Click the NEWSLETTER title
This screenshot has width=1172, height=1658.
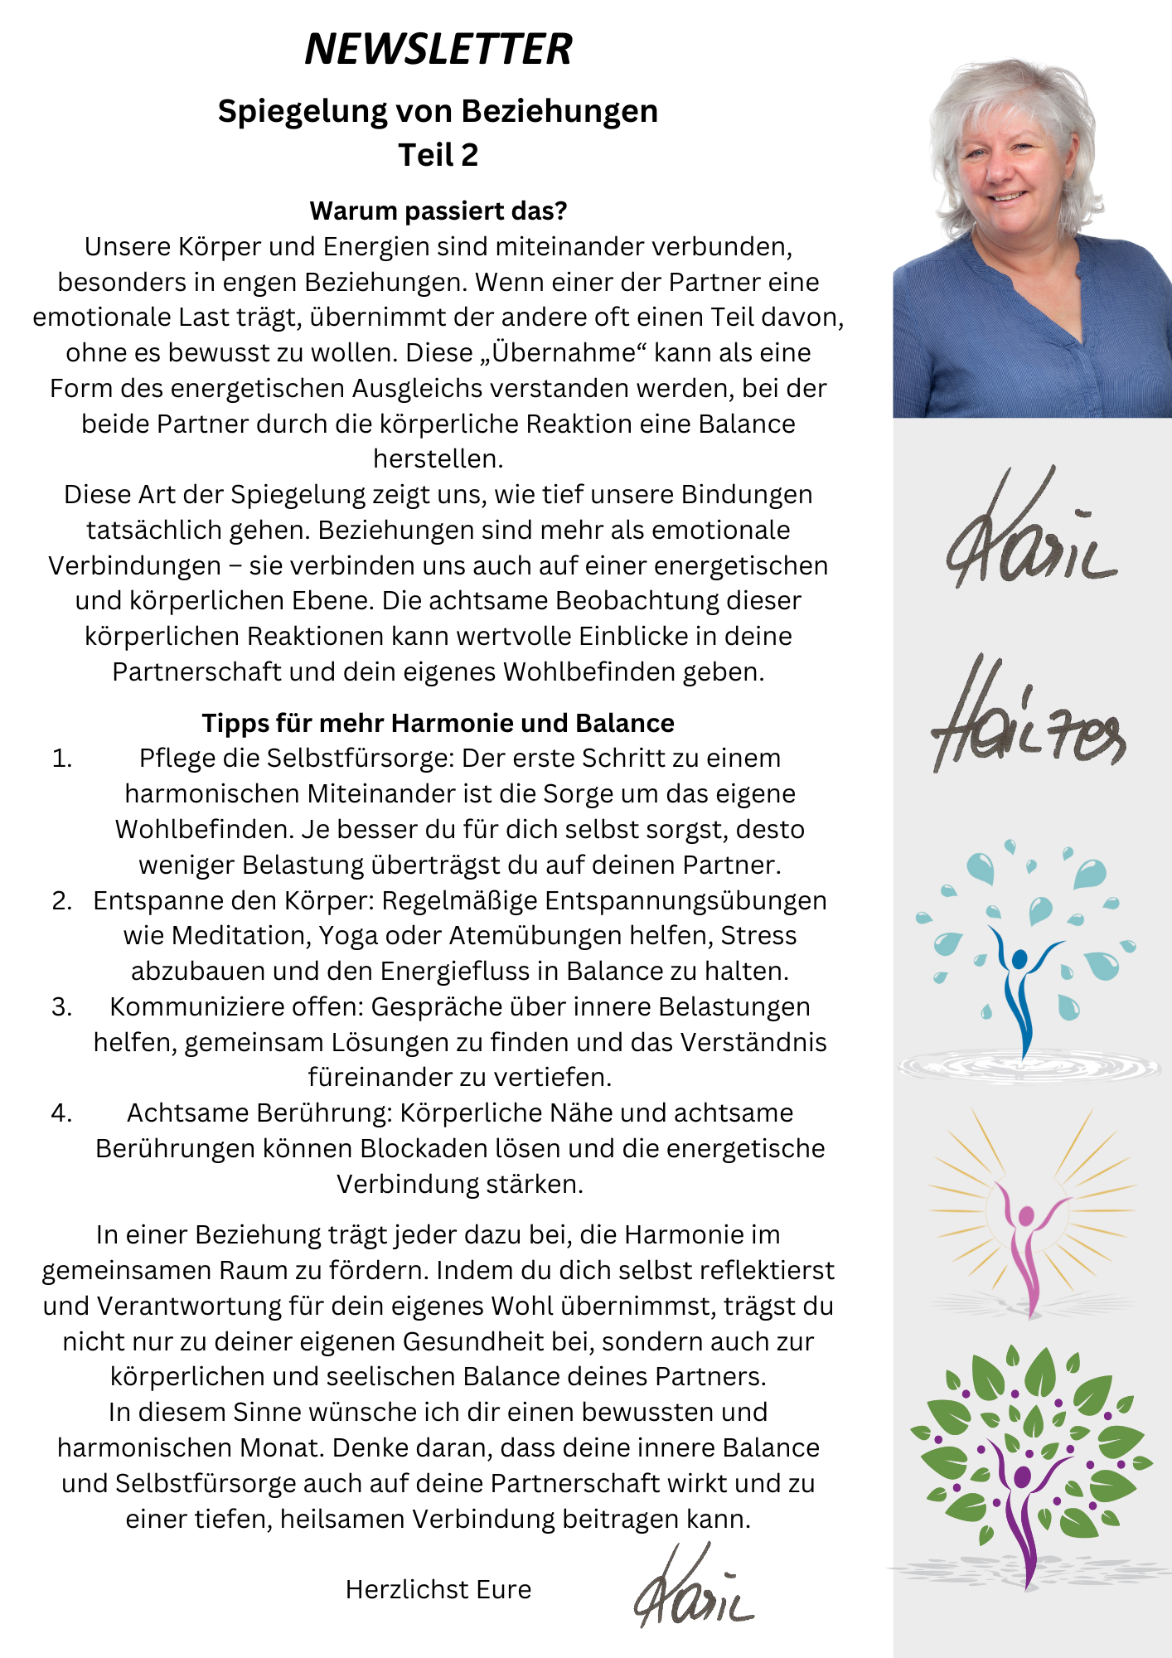pyautogui.click(x=438, y=49)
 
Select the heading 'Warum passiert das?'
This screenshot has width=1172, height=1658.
pyautogui.click(x=438, y=211)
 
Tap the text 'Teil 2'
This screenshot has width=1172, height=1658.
pyautogui.click(x=438, y=155)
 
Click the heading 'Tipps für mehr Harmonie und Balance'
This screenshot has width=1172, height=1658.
pyautogui.click(x=438, y=723)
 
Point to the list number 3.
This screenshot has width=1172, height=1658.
pyautogui.click(x=62, y=1006)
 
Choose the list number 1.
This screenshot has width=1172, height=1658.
pyautogui.click(x=62, y=759)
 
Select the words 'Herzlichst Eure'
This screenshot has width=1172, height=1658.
pyautogui.click(x=438, y=1588)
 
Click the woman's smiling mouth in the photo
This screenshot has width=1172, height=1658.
pyautogui.click(x=1008, y=197)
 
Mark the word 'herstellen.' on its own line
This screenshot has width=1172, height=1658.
pyautogui.click(x=438, y=458)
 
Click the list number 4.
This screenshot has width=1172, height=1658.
pyautogui.click(x=62, y=1113)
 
